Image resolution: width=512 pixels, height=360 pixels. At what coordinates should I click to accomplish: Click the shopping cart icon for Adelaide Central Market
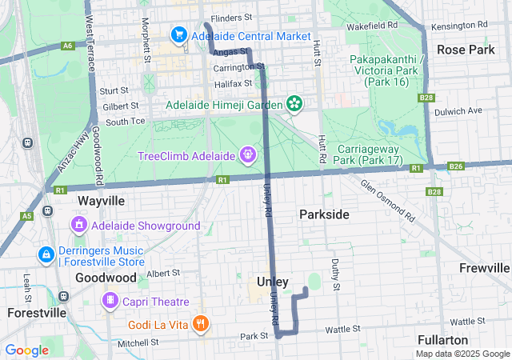(178, 36)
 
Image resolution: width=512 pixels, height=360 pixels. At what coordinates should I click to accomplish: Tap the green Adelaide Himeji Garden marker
(294, 104)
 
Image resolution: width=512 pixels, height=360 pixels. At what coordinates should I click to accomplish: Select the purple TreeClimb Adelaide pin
(249, 154)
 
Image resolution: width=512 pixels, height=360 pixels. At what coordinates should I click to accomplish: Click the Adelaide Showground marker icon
(79, 226)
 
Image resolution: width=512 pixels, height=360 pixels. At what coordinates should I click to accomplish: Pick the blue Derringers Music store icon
(46, 254)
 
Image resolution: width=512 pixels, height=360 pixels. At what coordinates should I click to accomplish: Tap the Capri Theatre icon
(109, 301)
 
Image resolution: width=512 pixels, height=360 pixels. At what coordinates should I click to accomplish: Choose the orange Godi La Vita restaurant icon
(201, 325)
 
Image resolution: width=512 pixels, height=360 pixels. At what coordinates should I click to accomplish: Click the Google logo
(27, 350)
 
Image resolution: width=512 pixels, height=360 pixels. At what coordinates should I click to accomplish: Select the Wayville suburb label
(102, 200)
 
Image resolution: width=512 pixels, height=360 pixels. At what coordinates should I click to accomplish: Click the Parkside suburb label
(324, 214)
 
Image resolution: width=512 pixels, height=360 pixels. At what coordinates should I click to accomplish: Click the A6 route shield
(68, 46)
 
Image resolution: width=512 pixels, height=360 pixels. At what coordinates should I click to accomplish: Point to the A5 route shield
(27, 216)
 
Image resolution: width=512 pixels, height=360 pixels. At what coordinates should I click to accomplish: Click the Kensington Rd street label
(458, 26)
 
